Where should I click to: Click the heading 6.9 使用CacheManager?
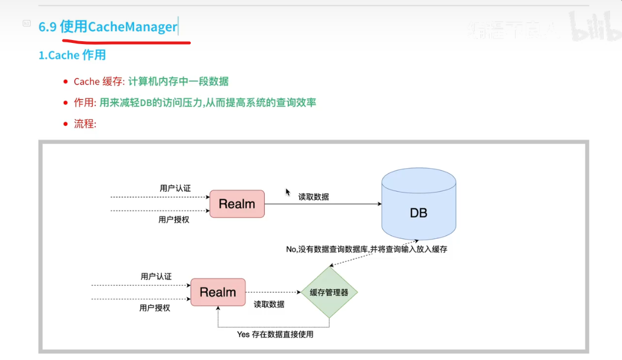108,27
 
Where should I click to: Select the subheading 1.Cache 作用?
72,55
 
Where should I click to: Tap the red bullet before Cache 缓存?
65,82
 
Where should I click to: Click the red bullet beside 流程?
65,124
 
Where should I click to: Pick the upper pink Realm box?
237,204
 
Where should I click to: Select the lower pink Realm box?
218,292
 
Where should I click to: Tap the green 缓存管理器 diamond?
329,292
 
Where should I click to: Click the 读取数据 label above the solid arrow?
314,197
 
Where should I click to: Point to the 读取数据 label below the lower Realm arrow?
269,304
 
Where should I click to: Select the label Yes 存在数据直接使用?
275,334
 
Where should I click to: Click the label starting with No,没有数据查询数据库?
366,249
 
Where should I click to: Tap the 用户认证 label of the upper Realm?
175,188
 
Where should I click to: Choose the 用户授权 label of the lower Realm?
155,307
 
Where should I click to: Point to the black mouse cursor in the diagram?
288,192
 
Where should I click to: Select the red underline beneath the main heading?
126,41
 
